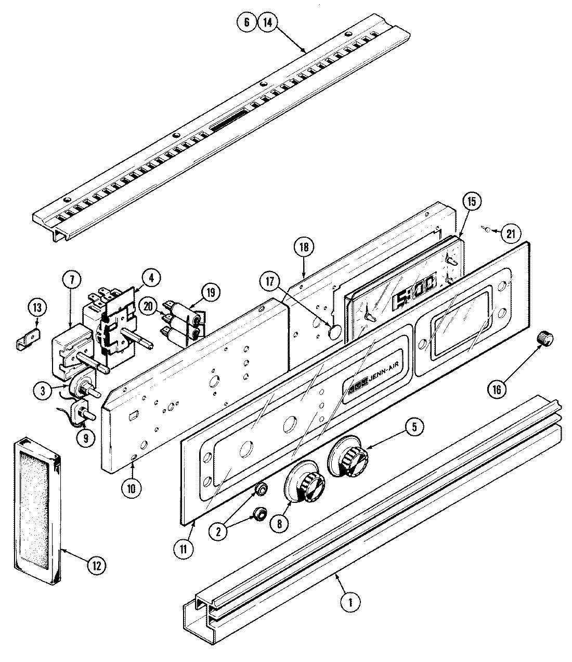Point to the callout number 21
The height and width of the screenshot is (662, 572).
tap(510, 233)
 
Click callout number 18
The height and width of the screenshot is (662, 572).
tap(304, 248)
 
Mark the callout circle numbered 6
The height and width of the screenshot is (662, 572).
tap(246, 22)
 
